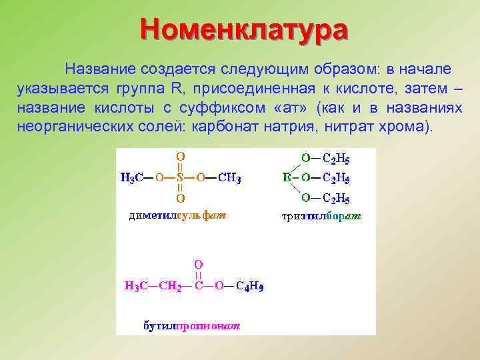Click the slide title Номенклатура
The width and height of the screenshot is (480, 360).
tap(244, 31)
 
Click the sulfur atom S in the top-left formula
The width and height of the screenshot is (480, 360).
tap(180, 178)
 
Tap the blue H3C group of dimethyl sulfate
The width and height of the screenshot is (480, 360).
tap(133, 179)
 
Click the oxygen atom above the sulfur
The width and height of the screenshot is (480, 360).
tap(180, 157)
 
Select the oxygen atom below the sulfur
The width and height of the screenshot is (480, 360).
tap(180, 199)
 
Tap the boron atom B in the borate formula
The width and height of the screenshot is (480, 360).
tap(287, 178)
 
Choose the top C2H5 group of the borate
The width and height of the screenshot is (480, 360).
tap(336, 159)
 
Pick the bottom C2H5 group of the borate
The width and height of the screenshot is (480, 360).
tap(336, 199)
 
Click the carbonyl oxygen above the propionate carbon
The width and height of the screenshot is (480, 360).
tap(198, 265)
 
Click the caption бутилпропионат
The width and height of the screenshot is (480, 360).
tap(193, 326)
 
